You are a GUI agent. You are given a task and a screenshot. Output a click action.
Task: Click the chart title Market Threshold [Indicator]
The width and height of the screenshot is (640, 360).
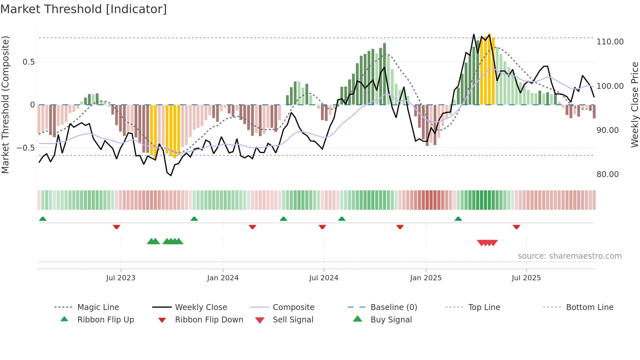84,9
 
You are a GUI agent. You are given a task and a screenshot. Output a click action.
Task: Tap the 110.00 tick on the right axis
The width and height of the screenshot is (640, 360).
610,42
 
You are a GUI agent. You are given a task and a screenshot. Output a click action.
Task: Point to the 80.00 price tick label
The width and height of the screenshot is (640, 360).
607,174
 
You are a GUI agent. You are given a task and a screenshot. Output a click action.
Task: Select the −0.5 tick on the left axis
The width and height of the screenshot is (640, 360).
25,148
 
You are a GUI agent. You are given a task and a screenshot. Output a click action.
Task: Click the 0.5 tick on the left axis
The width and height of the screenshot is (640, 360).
28,62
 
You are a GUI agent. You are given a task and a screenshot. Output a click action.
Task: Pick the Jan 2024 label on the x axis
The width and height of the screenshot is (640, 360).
223,278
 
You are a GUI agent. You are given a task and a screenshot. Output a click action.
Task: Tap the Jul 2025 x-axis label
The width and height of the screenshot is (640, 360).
526,278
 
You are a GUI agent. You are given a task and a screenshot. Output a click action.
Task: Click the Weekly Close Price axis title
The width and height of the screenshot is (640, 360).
634,105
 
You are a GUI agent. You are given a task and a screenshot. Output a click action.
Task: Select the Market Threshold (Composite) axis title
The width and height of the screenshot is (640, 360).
5,105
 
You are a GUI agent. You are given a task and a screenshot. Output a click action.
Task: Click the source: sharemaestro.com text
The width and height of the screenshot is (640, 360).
569,256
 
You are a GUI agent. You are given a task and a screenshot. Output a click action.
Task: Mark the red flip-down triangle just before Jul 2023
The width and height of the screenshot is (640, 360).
117,227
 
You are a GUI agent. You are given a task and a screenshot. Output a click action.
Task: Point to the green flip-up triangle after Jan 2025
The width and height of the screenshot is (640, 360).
458,219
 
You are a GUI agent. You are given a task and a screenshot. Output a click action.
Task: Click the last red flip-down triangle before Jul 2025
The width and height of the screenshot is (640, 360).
516,227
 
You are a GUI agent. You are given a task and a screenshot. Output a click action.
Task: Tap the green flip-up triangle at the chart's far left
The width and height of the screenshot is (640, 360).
43,219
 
